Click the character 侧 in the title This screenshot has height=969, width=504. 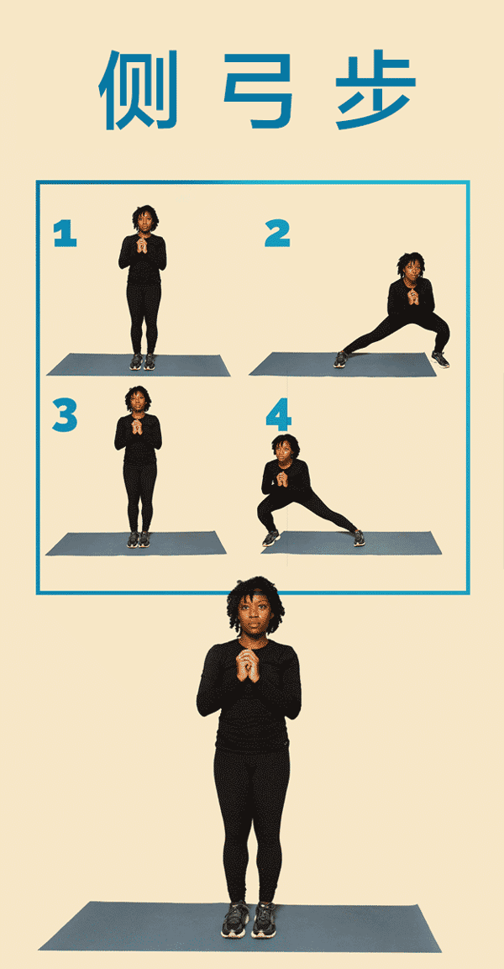click(138, 90)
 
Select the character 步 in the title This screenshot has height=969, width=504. click(376, 90)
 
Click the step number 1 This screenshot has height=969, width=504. click(65, 234)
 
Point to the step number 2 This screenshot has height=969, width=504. click(277, 234)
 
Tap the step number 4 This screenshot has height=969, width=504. click(279, 416)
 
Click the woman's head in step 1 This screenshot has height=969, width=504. click(144, 219)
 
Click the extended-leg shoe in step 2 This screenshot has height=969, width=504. click(341, 359)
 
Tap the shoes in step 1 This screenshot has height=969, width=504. click(142, 361)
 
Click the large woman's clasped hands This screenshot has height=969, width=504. click(249, 664)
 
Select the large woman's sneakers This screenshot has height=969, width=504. click(249, 919)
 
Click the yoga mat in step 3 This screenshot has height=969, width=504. click(136, 543)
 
